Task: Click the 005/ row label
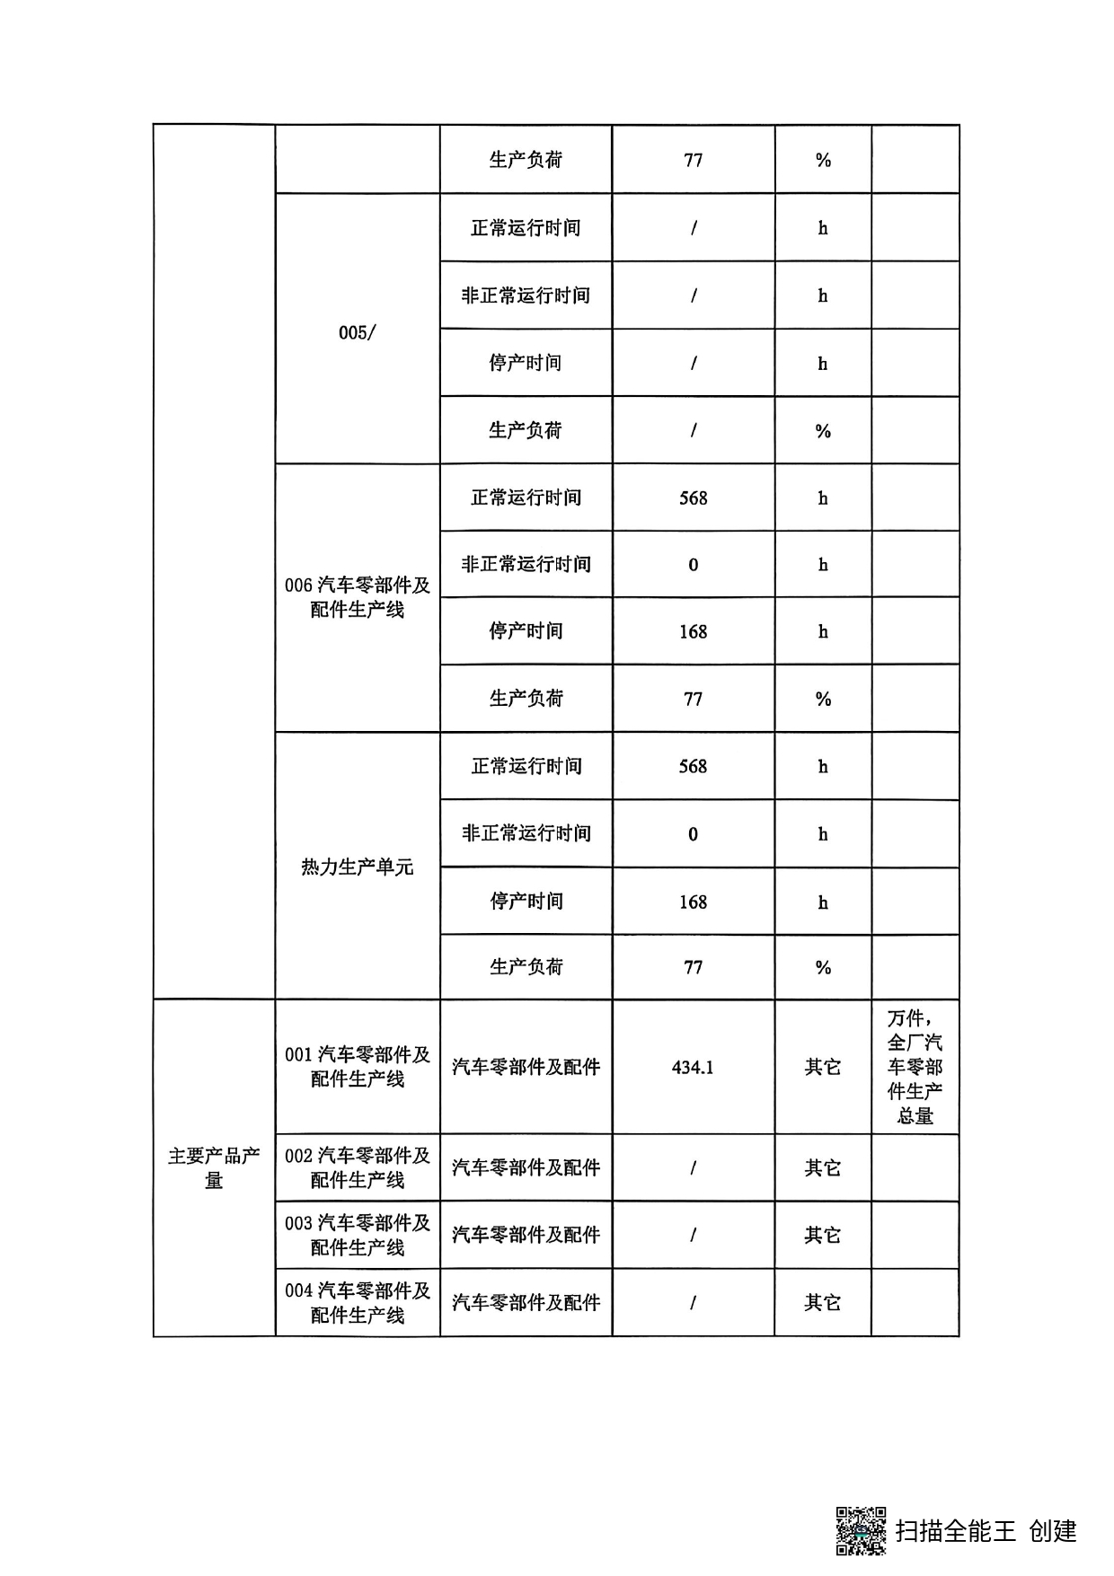tap(357, 332)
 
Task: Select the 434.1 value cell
tap(693, 1067)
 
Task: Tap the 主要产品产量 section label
tap(214, 1167)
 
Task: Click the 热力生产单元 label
tap(357, 867)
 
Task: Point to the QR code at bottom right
tap(861, 1530)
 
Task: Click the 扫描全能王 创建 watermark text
tap(986, 1530)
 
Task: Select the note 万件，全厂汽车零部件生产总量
tap(915, 1067)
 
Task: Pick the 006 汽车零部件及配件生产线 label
tap(357, 597)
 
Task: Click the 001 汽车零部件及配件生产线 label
tap(357, 1067)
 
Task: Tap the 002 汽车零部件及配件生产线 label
tap(357, 1167)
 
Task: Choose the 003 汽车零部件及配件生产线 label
tap(357, 1235)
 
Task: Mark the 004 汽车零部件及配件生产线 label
tap(357, 1302)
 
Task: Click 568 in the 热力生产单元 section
tap(693, 766)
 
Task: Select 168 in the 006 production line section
tap(693, 631)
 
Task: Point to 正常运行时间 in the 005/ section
tap(526, 228)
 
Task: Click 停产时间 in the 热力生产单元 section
tap(526, 901)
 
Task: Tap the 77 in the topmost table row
tap(693, 160)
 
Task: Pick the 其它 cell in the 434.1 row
tap(822, 1067)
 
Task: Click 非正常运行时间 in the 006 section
tap(526, 564)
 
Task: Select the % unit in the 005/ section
tap(822, 431)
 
